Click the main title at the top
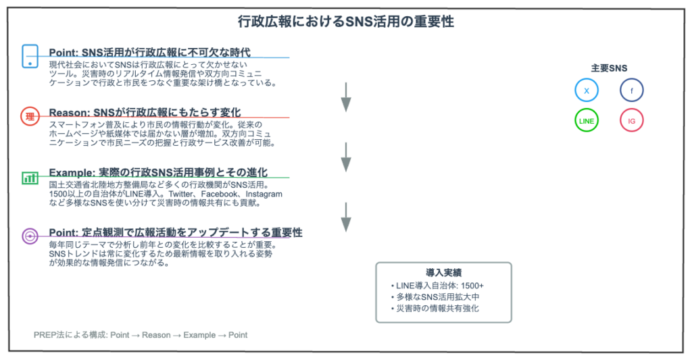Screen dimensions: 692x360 click(345, 22)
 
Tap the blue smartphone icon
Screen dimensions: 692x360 click(30, 57)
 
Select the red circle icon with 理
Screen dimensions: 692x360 click(30, 116)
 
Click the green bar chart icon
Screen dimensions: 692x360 click(30, 178)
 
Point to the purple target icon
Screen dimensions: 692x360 click(30, 236)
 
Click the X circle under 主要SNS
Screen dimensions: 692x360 click(587, 91)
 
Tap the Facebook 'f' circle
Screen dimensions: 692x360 click(632, 91)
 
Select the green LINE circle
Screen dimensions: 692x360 click(587, 120)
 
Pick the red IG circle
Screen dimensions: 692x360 click(632, 120)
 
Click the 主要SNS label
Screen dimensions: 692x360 click(609, 68)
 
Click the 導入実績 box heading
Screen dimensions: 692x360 click(443, 273)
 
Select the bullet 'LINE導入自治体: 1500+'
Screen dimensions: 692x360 click(437, 286)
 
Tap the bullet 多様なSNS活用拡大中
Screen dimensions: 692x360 click(435, 297)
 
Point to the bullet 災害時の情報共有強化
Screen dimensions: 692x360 click(435, 309)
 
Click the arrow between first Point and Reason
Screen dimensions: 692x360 click(346, 97)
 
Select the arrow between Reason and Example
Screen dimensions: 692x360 click(346, 157)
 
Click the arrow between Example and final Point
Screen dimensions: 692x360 click(346, 217)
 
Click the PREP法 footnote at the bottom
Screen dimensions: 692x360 click(141, 335)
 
